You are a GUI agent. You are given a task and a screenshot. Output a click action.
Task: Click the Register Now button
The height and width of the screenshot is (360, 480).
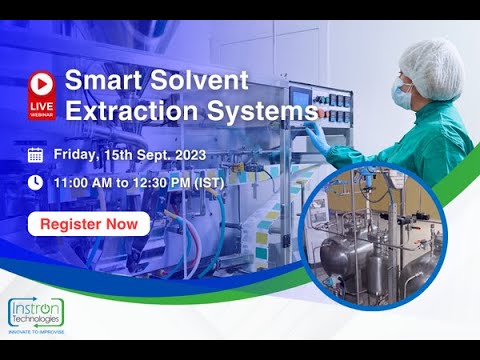point(89,223)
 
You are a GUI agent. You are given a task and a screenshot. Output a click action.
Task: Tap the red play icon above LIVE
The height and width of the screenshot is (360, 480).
point(41,82)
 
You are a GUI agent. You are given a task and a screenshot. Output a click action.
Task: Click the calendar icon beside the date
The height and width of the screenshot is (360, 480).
point(35,154)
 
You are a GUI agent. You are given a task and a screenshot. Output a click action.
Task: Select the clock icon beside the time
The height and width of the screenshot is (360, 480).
point(35,183)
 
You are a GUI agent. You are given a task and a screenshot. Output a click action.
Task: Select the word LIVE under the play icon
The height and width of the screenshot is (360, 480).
point(41,105)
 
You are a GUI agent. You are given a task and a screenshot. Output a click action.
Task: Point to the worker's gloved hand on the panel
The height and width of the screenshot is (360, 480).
point(317,130)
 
